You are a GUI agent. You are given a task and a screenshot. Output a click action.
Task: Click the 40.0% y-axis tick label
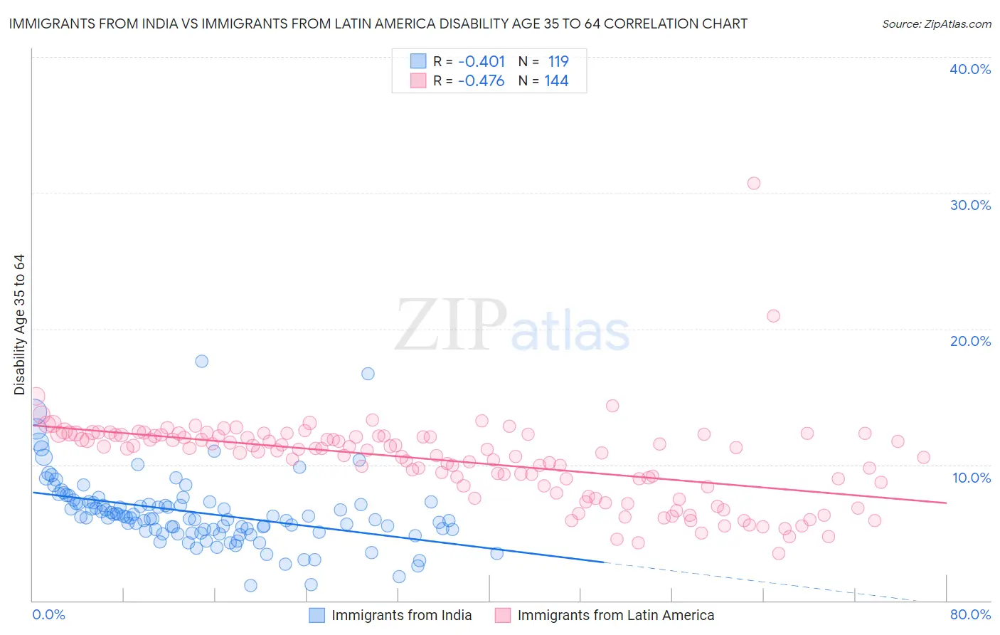point(970,69)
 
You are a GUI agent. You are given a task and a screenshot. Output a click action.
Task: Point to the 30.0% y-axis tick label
point(970,205)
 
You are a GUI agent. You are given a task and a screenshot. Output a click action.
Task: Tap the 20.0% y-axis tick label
point(970,341)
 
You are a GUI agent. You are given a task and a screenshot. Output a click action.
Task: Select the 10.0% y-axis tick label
point(972,478)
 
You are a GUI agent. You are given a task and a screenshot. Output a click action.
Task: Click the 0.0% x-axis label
point(48,614)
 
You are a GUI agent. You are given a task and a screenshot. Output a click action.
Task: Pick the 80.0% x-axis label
point(970,614)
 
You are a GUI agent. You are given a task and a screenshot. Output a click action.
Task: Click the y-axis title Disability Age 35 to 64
point(19,325)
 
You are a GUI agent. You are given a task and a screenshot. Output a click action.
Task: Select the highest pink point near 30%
point(754,183)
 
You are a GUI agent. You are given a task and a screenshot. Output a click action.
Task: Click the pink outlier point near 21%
point(773,315)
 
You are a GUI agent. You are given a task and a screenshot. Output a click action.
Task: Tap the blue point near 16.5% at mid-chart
point(368,374)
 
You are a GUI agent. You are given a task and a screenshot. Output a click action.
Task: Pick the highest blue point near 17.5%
point(202,361)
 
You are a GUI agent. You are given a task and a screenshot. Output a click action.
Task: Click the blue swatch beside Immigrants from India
point(317,615)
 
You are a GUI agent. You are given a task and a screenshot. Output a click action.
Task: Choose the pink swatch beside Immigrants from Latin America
point(503,615)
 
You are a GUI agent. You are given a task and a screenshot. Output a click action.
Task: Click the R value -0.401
point(481,61)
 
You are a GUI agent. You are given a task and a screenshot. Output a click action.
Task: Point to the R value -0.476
point(481,81)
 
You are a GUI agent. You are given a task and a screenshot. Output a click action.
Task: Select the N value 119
point(558,61)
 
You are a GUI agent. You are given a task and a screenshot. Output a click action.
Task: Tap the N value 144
point(556,81)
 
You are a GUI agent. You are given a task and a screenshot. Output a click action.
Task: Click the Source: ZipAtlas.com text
point(936,24)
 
